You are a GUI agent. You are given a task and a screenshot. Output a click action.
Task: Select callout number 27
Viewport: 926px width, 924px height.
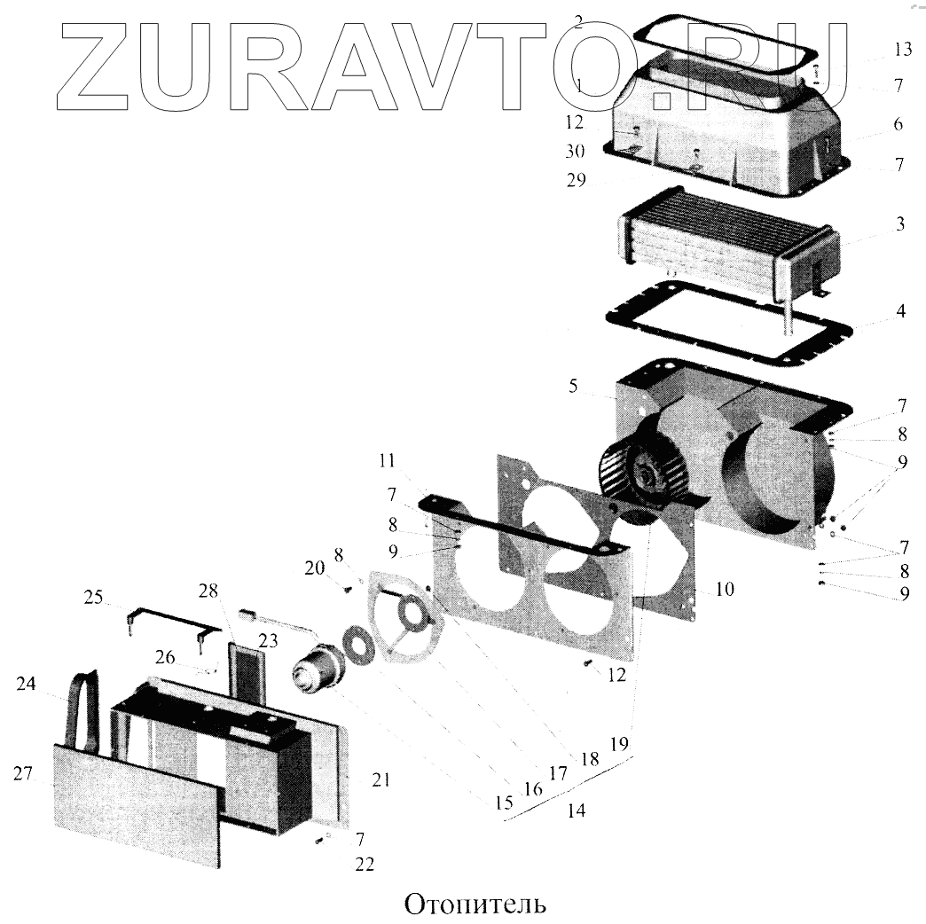(x=23, y=773)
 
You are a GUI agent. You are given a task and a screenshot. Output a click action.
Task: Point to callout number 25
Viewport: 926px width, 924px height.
(x=93, y=598)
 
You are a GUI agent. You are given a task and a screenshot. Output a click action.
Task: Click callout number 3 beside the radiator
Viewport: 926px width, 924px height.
(x=899, y=224)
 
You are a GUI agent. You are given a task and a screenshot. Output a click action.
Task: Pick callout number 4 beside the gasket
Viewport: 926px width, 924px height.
(x=900, y=311)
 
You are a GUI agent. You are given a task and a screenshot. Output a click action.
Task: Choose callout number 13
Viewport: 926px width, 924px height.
(x=901, y=50)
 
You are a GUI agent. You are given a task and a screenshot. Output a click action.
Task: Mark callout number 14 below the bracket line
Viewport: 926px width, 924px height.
(x=577, y=810)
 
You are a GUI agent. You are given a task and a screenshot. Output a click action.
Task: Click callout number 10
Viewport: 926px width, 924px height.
(x=724, y=588)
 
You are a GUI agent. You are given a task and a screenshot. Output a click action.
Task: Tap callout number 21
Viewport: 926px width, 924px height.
(x=381, y=779)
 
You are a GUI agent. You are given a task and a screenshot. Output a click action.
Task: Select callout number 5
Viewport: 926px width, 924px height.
(x=573, y=386)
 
